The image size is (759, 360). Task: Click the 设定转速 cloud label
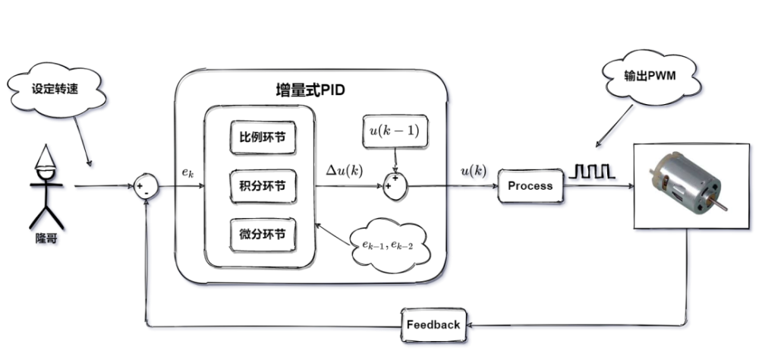point(55,87)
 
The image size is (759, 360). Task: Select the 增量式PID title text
point(310,90)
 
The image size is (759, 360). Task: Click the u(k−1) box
point(392,131)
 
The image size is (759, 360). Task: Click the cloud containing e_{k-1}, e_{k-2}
point(387,243)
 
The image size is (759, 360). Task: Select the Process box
point(531,186)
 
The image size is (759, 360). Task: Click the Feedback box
point(433,324)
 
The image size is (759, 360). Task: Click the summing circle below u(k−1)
point(394,185)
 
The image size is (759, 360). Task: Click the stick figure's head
point(46,174)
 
